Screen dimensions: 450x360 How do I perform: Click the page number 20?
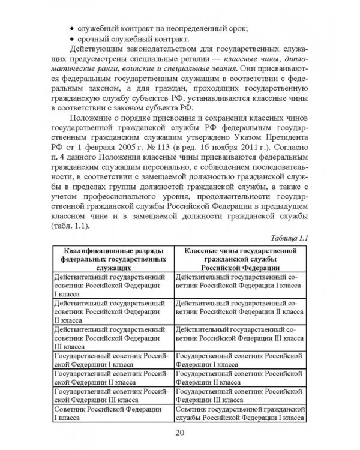coord(180,434)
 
